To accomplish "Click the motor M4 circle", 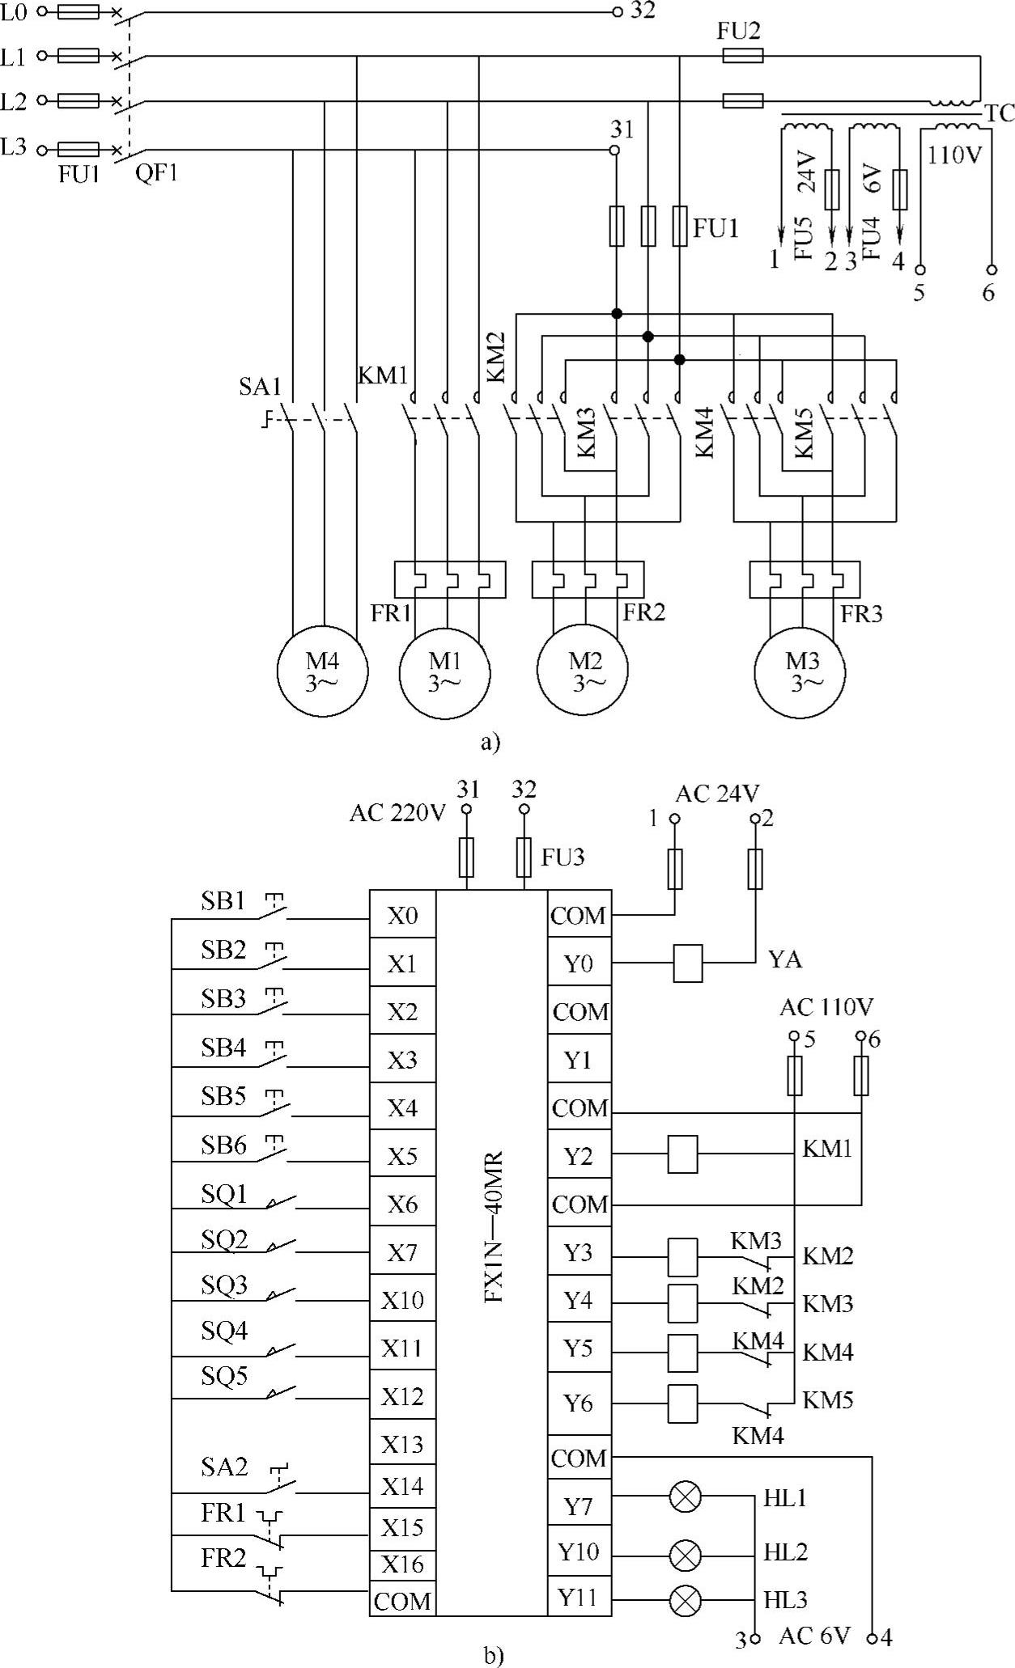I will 322,671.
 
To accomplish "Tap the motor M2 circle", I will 584,671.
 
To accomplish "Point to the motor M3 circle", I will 801,671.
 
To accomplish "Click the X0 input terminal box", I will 402,916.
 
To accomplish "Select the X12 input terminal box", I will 402,1397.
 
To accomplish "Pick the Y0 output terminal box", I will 579,963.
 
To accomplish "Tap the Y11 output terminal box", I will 579,1598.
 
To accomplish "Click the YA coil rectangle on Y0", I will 688,963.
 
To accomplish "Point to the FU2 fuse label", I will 739,32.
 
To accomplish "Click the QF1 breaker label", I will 156,173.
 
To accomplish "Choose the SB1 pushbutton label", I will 223,901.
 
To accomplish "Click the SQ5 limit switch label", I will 224,1376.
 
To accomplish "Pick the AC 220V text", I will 397,813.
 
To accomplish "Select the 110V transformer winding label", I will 954,154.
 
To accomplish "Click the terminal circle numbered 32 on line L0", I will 617,12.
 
